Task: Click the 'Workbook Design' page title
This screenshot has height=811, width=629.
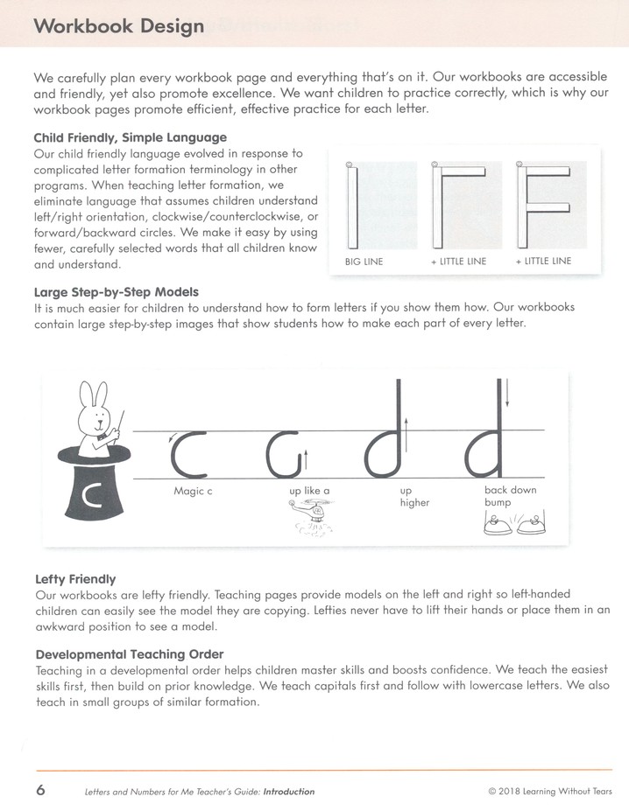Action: coord(118,26)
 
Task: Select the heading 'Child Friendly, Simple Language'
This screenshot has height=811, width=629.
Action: coord(130,137)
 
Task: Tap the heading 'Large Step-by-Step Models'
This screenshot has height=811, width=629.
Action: coord(116,292)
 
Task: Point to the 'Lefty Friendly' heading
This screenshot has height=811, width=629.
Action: coord(75,579)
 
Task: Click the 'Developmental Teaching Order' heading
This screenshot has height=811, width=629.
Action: coord(129,654)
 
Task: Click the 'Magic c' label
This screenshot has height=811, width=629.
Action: coord(193,492)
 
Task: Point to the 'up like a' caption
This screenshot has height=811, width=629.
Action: coord(309,492)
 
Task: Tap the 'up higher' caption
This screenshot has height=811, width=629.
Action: coord(414,497)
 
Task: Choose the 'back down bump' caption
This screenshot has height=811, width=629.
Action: coord(510,496)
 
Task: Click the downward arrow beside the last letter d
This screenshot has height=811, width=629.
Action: coord(507,393)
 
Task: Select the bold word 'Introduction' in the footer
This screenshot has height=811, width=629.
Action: coord(288,792)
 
